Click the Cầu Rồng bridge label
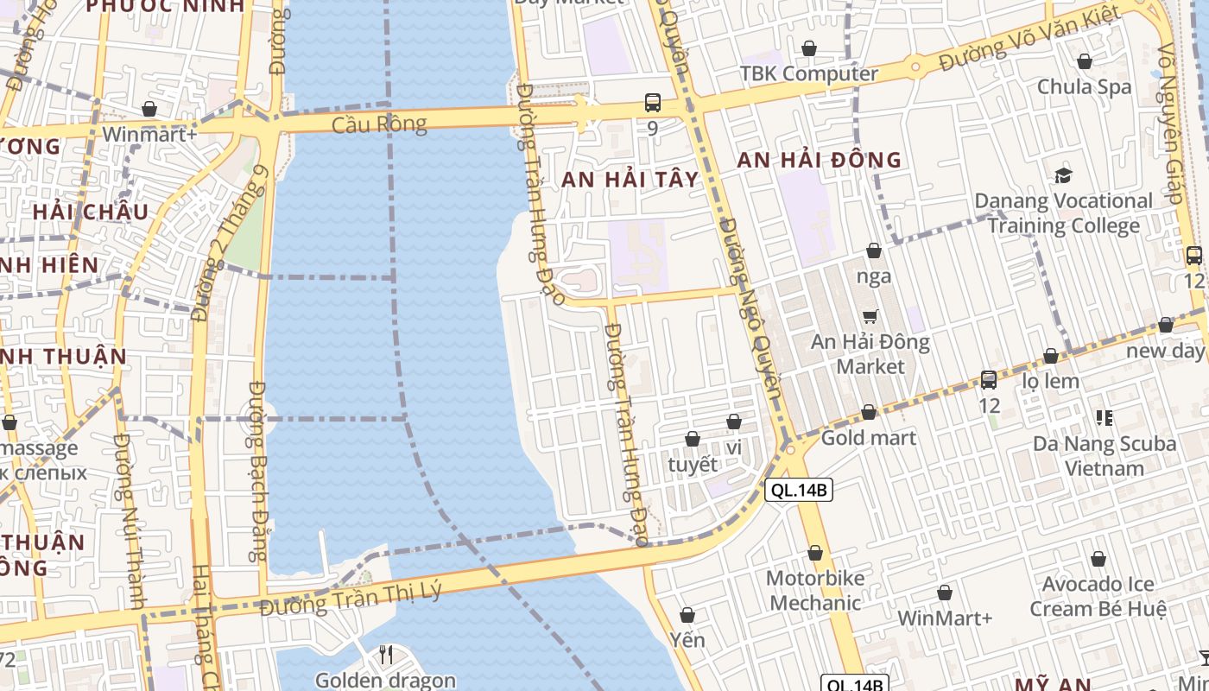[380, 124]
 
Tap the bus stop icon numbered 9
[653, 103]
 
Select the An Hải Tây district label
[630, 180]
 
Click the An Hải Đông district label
[819, 160]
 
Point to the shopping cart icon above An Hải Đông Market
[870, 317]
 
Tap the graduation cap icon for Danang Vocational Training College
[1063, 175]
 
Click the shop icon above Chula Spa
[1084, 61]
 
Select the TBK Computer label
[809, 73]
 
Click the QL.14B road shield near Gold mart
[799, 491]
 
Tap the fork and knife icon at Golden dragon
[386, 656]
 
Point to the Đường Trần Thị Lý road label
[351, 599]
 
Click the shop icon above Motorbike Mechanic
[814, 553]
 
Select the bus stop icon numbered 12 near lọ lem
[989, 379]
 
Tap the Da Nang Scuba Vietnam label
[1105, 456]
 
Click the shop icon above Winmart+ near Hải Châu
[149, 110]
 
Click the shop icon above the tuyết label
[692, 440]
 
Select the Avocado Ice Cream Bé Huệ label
[1098, 596]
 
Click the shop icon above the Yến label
[687, 616]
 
